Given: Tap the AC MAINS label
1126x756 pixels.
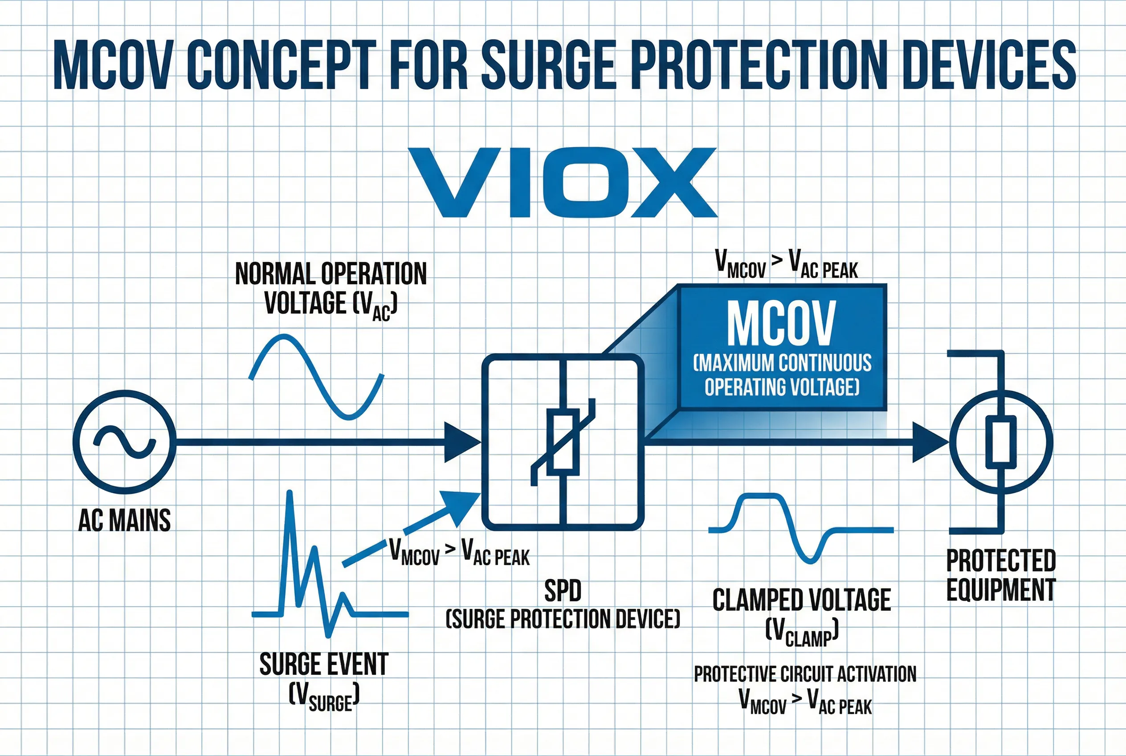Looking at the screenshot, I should pyautogui.click(x=124, y=521).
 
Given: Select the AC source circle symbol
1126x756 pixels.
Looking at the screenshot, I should pyautogui.click(x=124, y=442).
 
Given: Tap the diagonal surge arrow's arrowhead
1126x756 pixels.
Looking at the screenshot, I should pyautogui.click(x=460, y=506).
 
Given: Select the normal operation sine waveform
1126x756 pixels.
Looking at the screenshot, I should pyautogui.click(x=316, y=376).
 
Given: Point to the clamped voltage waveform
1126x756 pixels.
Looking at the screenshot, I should pyautogui.click(x=800, y=528).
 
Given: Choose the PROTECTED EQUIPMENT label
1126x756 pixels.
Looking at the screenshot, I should pyautogui.click(x=1001, y=575).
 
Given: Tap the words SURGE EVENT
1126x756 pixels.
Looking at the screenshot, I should pyautogui.click(x=324, y=664).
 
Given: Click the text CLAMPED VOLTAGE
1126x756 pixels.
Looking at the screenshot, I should pyautogui.click(x=802, y=600).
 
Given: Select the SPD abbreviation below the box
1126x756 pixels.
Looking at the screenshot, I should pyautogui.click(x=563, y=591).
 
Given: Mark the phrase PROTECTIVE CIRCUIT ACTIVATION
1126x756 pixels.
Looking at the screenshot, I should pyautogui.click(x=804, y=674).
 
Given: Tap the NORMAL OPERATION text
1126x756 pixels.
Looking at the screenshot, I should pyautogui.click(x=331, y=274).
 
